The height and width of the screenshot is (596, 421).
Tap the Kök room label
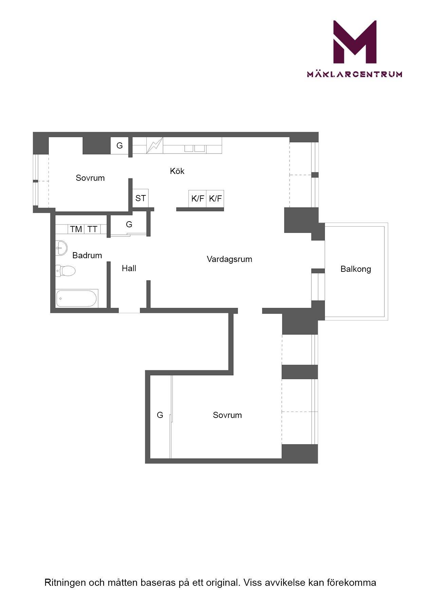(x=177, y=171)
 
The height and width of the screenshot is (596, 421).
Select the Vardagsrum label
(x=230, y=259)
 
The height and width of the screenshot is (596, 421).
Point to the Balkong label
(x=356, y=269)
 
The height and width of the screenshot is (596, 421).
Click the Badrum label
(x=87, y=255)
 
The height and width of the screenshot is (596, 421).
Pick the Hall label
(x=129, y=268)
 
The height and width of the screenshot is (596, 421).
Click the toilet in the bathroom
(x=65, y=271)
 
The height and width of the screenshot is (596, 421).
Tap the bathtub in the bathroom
(x=77, y=298)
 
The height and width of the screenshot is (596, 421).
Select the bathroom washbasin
(x=61, y=248)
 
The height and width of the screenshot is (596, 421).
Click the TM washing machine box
(x=76, y=229)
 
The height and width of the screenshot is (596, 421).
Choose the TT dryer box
(x=92, y=229)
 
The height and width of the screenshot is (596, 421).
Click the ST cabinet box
(x=141, y=198)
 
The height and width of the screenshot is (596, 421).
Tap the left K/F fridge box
(x=198, y=199)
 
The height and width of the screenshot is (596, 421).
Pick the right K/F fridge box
(x=215, y=199)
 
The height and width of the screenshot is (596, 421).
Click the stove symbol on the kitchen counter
(x=155, y=145)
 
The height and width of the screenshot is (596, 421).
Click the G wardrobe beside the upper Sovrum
(x=120, y=145)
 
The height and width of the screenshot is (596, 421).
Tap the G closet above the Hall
(x=129, y=224)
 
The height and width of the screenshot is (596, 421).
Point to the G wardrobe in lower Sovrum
(x=160, y=415)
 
